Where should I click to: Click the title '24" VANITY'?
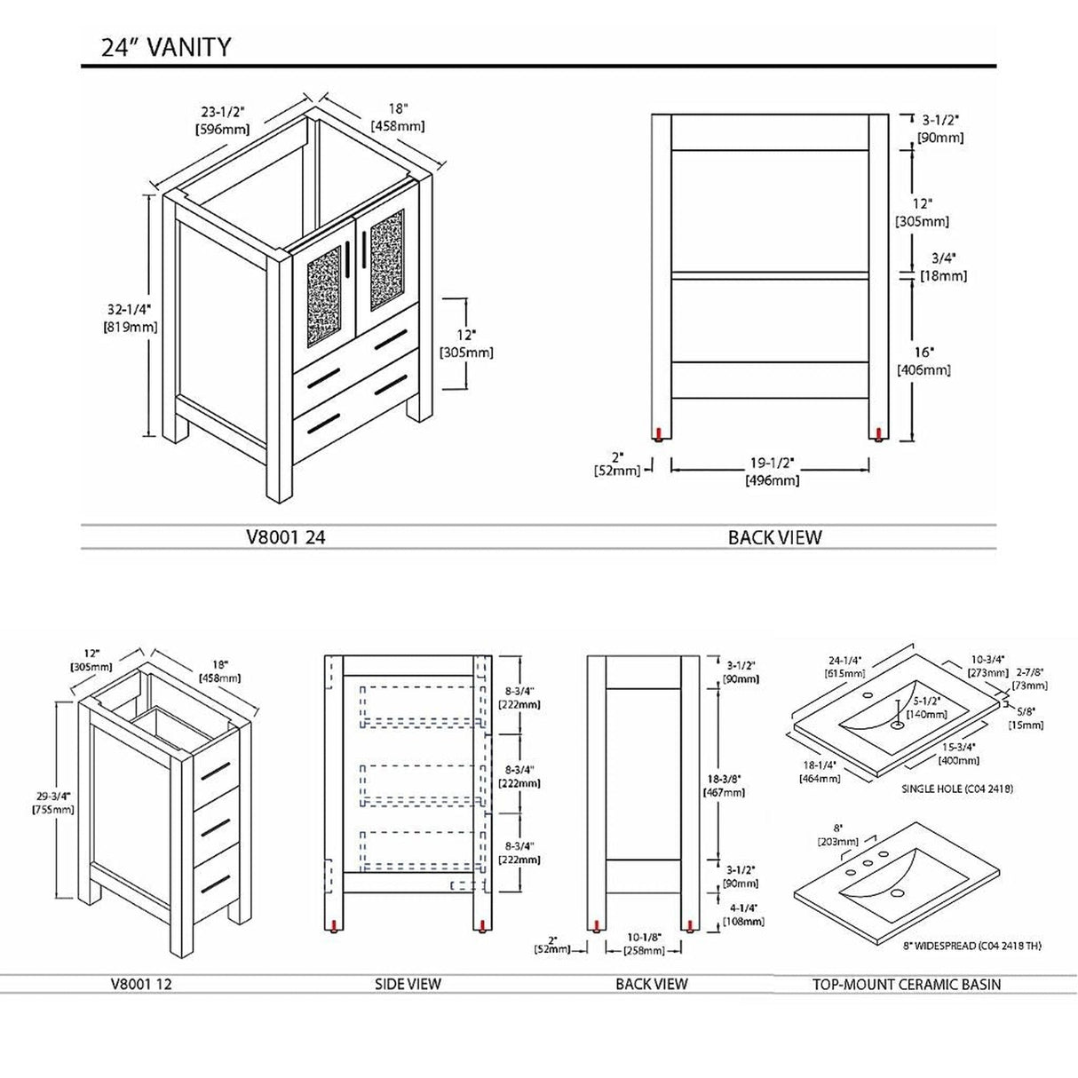[x=166, y=47]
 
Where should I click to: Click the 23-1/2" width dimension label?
[x=222, y=120]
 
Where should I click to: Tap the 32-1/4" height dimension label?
[x=131, y=318]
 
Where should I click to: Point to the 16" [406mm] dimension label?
[x=923, y=361]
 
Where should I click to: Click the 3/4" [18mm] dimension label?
[x=942, y=266]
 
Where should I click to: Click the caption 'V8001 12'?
[x=140, y=984]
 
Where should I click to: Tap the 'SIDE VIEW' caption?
[x=408, y=984]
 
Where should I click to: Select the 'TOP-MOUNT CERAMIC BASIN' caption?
[x=907, y=984]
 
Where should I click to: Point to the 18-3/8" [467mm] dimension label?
[x=724, y=785]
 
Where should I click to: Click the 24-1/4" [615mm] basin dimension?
[x=844, y=667]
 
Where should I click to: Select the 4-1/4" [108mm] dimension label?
[x=741, y=915]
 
